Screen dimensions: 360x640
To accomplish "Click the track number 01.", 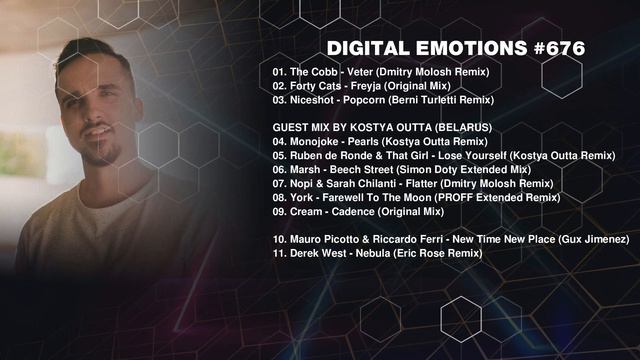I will click(279, 73).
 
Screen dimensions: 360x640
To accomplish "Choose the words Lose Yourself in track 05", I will click(474, 157).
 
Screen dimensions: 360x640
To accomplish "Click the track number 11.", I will click(279, 255).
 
